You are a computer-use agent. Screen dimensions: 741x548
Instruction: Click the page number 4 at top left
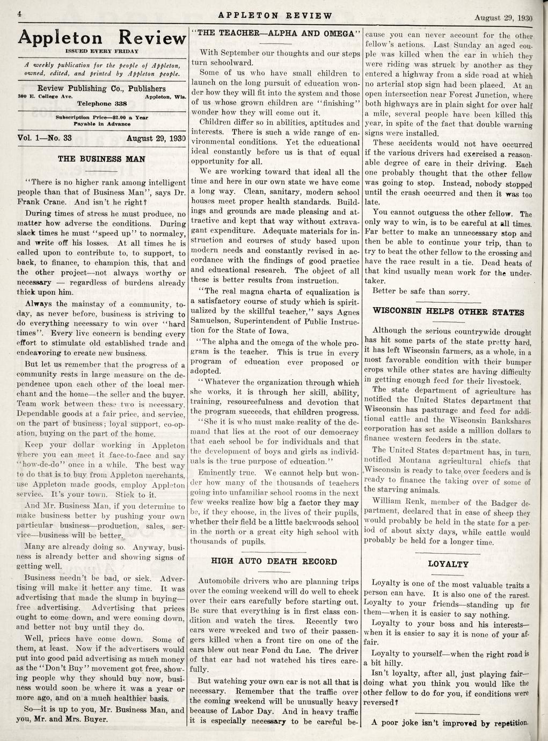pos(18,14)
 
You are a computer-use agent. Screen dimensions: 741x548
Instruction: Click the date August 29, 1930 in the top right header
pos(503,18)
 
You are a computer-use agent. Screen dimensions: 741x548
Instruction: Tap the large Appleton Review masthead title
pos(102,38)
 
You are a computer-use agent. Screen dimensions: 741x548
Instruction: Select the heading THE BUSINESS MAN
pos(101,159)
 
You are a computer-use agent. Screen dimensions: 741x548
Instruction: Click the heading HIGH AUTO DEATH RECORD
pos(274,562)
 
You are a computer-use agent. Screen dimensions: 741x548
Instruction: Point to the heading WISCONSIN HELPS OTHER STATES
pos(448,312)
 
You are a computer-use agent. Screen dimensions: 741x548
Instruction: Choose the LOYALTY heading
pos(448,564)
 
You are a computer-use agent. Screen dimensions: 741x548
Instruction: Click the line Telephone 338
pos(101,103)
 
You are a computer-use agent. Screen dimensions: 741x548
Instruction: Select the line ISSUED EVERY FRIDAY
pos(101,51)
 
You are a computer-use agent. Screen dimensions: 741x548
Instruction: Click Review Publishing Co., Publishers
pos(101,89)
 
